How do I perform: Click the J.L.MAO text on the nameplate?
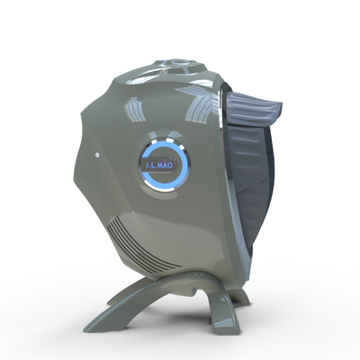click(x=158, y=166)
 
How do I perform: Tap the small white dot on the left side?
click(x=97, y=155)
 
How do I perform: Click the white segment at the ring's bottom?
click(x=152, y=185)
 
